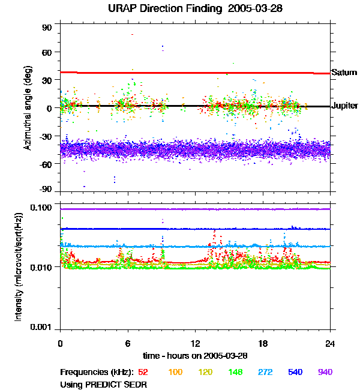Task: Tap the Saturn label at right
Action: pos(344,72)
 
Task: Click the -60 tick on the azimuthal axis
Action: pos(46,164)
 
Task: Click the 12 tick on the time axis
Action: pos(195,343)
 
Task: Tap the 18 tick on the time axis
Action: pos(263,343)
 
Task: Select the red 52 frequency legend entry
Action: pos(143,372)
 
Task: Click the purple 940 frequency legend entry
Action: pos(325,372)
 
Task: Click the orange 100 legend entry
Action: pos(175,372)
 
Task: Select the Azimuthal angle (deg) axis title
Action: pos(28,107)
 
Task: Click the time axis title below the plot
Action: pos(195,356)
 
